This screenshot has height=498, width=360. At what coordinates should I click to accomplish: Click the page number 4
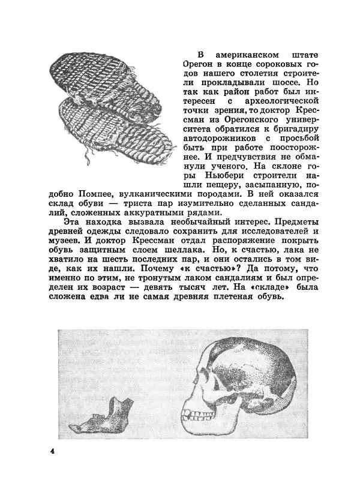click(x=53, y=451)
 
